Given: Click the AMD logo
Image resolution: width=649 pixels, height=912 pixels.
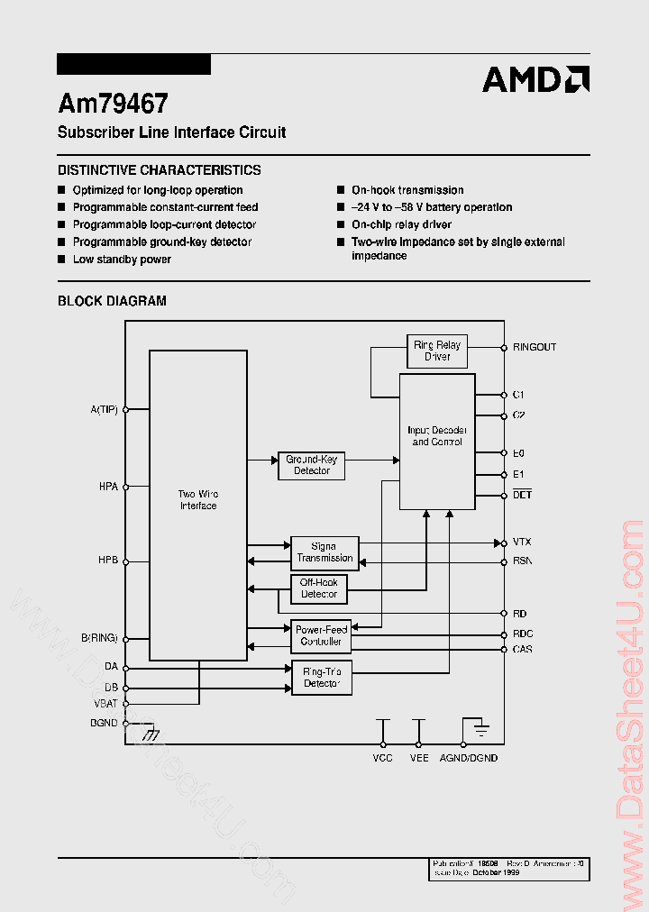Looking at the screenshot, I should tap(535, 79).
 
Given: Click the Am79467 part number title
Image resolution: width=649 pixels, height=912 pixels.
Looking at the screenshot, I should tap(113, 104).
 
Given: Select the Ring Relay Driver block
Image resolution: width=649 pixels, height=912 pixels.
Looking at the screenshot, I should tap(436, 351).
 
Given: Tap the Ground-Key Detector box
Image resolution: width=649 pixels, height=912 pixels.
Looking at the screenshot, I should tap(311, 465).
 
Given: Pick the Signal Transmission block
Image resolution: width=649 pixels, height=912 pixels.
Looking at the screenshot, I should tap(324, 552).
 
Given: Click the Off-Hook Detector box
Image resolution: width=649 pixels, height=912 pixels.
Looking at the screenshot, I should tap(319, 588).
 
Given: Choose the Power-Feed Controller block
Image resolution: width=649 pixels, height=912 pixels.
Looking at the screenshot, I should tap(321, 635).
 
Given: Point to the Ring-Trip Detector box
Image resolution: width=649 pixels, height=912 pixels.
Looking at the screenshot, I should tap(322, 678).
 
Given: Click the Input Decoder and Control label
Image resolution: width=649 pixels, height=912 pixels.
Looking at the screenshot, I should tap(436, 436).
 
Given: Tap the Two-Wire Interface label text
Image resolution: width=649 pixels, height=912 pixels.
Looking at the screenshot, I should tap(198, 500).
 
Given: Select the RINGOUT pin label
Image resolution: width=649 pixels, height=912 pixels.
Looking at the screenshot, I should tap(535, 347).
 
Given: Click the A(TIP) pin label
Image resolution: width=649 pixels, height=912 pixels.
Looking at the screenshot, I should tap(105, 409).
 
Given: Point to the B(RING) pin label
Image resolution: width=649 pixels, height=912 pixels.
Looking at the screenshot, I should tap(100, 638).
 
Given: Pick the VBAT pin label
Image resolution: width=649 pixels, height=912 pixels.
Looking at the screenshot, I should tap(105, 703).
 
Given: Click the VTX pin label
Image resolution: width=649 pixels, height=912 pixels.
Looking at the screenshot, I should tap(522, 543).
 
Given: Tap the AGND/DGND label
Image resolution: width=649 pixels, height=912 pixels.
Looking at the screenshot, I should tap(469, 758).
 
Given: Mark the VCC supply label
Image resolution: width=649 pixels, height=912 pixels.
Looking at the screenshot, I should tap(383, 758).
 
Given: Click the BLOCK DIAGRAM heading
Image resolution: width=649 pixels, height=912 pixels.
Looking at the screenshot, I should tap(112, 301).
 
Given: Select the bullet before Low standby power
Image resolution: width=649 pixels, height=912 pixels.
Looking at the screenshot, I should tap(62, 260).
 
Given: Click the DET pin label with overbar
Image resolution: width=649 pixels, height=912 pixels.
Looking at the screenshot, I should tap(522, 496).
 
